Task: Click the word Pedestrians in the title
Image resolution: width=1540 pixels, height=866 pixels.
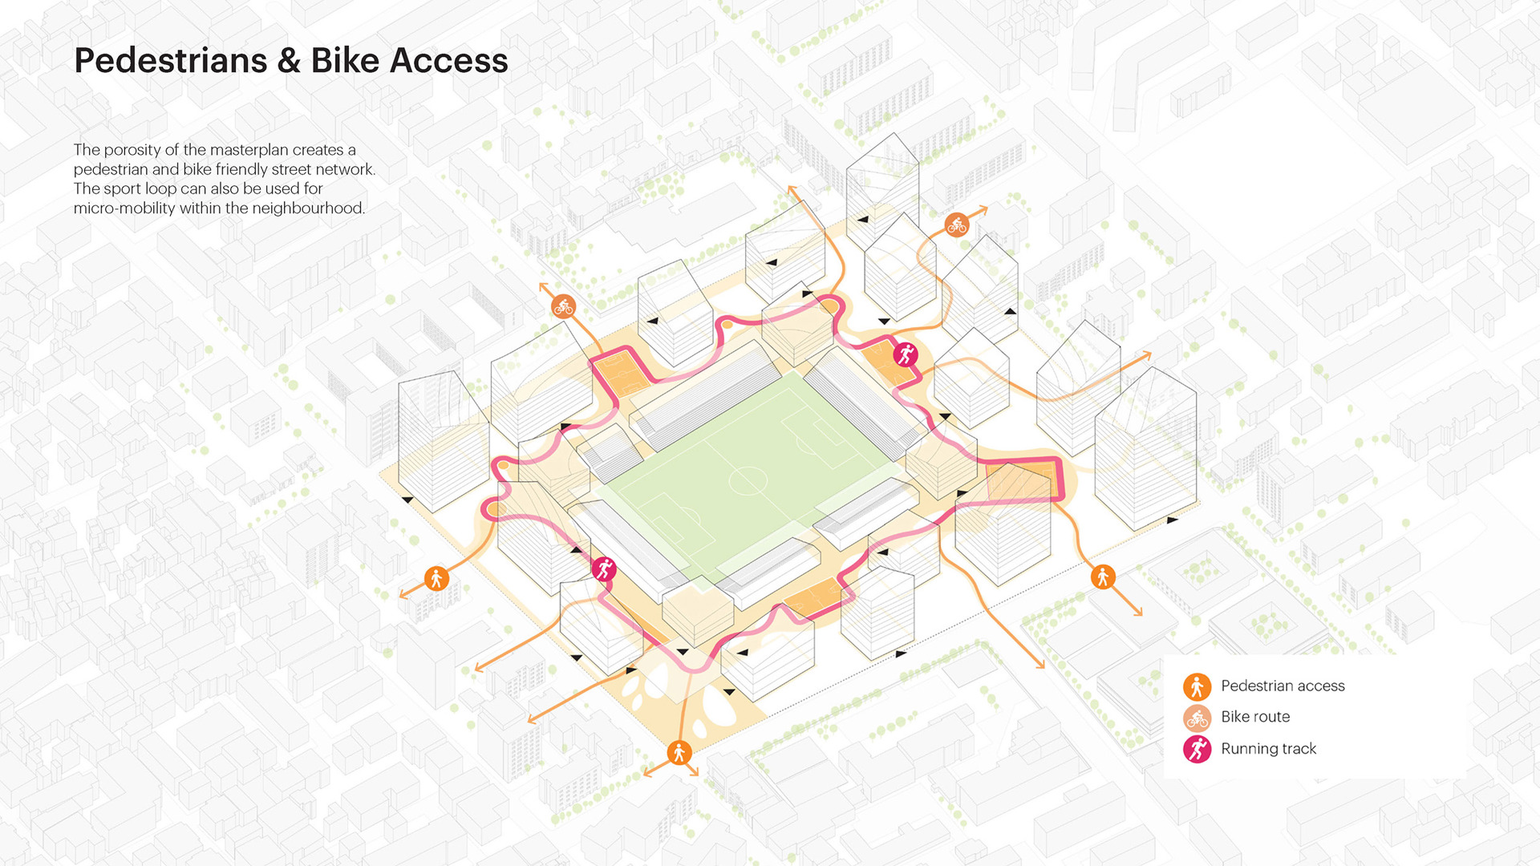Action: [170, 61]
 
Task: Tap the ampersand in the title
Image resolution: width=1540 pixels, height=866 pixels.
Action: [289, 61]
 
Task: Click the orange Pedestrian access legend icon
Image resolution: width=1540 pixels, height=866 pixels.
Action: [1197, 686]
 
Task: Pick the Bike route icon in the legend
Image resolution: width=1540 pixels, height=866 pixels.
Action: [1197, 718]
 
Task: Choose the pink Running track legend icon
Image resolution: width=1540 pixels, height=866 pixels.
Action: [1197, 749]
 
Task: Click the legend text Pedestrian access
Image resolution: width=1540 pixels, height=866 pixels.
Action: [1283, 686]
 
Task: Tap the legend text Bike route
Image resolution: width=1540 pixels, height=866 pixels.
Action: [1255, 717]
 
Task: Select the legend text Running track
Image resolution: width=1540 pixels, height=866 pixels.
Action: [1268, 749]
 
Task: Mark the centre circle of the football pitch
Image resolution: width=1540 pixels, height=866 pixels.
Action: [748, 480]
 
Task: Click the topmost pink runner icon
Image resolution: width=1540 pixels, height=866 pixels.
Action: [906, 354]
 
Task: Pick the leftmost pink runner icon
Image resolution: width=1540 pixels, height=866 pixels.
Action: [604, 569]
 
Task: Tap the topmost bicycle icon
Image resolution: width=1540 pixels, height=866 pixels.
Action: [956, 225]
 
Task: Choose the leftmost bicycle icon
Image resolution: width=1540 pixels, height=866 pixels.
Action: [563, 306]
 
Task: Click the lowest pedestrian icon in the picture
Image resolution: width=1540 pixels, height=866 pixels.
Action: [679, 753]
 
